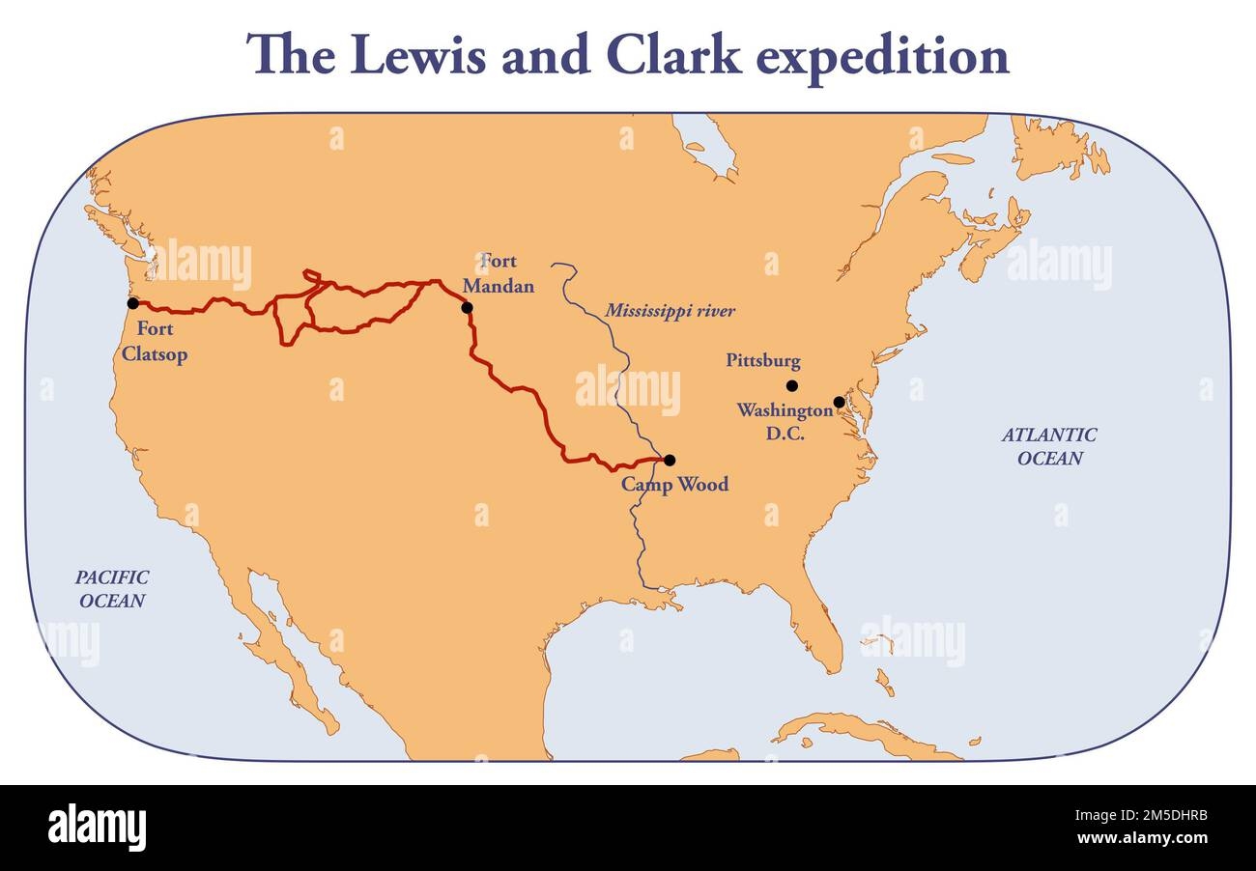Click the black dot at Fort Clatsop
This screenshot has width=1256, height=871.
[x=132, y=303]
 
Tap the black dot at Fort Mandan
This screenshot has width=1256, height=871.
[x=468, y=308]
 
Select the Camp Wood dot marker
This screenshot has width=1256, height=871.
[x=670, y=461]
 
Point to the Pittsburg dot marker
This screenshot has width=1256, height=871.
[x=792, y=385]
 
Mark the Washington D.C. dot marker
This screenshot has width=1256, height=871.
[x=839, y=402]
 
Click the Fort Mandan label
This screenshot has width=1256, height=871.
[x=499, y=273]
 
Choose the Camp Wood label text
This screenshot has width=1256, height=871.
[x=674, y=484]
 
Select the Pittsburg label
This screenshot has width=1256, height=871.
[x=763, y=361]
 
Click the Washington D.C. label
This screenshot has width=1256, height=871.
[x=785, y=422]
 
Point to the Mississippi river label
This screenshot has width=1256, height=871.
[x=670, y=311]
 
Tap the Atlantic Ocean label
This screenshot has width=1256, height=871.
[x=1049, y=446]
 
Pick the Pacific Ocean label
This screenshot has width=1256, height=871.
[x=112, y=588]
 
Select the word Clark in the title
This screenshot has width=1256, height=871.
[x=675, y=55]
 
